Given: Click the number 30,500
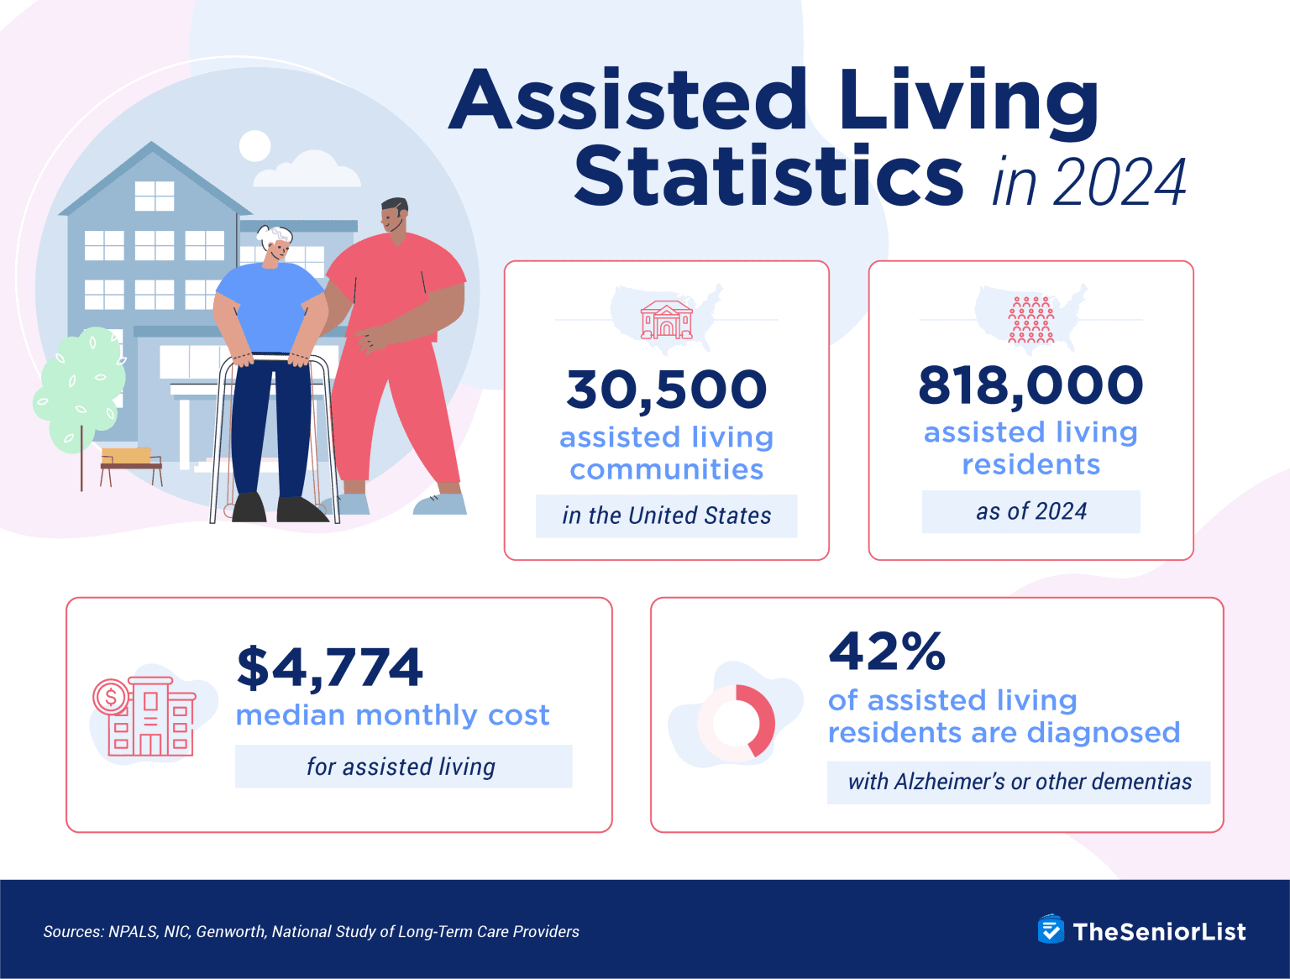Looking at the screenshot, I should click(x=667, y=390).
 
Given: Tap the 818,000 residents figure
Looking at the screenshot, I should click(x=1030, y=385).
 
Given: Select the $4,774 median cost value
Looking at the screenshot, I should click(x=330, y=667).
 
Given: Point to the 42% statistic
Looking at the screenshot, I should click(x=887, y=651).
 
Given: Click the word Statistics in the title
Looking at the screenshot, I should click(x=768, y=176).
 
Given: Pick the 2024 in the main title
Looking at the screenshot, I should click(x=1119, y=182).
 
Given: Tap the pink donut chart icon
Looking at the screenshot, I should click(x=737, y=722).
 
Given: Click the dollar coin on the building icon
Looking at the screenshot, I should click(x=111, y=696).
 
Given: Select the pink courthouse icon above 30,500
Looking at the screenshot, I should click(x=667, y=320).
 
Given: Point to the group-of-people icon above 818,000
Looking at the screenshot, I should click(x=1030, y=320).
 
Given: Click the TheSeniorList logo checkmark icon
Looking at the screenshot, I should click(x=1051, y=930).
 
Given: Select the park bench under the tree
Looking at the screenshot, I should click(x=131, y=463).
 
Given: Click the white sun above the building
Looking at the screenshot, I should click(x=254, y=146).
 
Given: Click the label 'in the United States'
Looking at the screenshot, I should click(x=667, y=516).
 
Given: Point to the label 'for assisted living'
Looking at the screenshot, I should click(x=401, y=767).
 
